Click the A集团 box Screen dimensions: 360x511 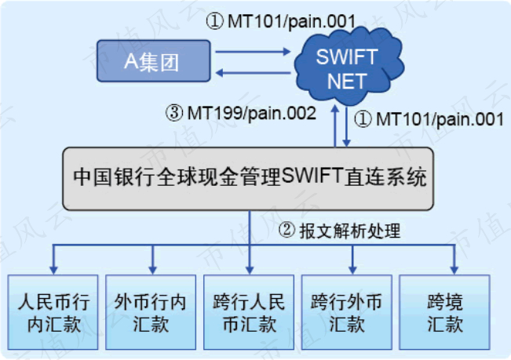(x=154, y=61)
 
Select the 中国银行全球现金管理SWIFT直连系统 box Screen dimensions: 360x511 (x=249, y=177)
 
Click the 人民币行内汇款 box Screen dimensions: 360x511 (x=53, y=312)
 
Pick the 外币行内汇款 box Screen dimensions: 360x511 (x=151, y=312)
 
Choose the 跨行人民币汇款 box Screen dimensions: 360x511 (x=249, y=312)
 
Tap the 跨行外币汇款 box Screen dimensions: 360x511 (x=347, y=312)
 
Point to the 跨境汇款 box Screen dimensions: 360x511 (x=445, y=312)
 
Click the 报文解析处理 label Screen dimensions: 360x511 (x=349, y=231)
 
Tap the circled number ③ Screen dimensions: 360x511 (x=173, y=113)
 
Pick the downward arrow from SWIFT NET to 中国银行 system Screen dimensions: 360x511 (x=346, y=129)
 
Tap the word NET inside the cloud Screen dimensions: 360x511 (x=346, y=79)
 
